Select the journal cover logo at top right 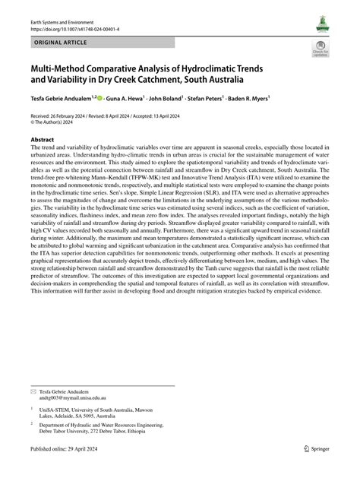tap(319, 26)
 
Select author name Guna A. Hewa tap(135, 99)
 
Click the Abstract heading tap(43, 140)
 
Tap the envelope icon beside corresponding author tap(33, 390)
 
